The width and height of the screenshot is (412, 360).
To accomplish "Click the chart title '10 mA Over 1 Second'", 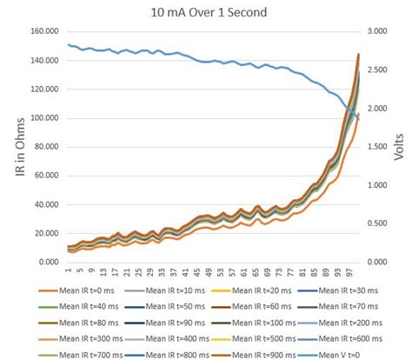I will click(x=206, y=12).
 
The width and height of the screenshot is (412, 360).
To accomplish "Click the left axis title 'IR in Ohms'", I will click(x=18, y=149).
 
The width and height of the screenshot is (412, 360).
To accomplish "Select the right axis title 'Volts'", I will click(x=399, y=148).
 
